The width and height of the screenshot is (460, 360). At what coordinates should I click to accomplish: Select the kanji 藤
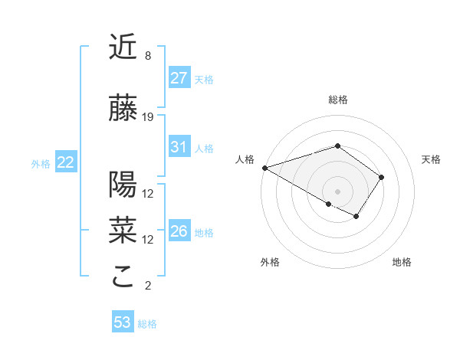123,109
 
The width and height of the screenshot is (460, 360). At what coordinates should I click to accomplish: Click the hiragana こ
123,277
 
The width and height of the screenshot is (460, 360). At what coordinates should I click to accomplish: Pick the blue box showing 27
179,77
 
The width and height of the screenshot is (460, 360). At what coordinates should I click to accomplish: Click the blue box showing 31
179,147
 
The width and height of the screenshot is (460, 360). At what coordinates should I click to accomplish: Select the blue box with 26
179,231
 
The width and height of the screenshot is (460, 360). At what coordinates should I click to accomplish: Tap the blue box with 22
66,162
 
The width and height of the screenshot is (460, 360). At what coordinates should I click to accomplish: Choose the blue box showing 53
123,322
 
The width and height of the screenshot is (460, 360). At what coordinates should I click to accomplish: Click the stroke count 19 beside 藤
148,117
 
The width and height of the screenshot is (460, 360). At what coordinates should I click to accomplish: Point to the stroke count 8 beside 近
148,56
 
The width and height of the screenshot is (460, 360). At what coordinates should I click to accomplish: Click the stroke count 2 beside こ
148,286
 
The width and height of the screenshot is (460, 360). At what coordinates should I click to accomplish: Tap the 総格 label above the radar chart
337,100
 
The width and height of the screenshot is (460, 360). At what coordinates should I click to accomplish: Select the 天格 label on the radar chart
431,159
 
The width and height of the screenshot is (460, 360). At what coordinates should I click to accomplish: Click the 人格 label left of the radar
245,159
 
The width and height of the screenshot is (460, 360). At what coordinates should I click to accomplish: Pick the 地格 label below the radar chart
402,262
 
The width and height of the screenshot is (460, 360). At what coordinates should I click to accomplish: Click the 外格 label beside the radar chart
270,262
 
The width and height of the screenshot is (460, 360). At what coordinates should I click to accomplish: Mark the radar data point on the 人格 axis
264,168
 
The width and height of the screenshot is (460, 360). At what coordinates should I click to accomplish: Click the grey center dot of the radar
337,191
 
